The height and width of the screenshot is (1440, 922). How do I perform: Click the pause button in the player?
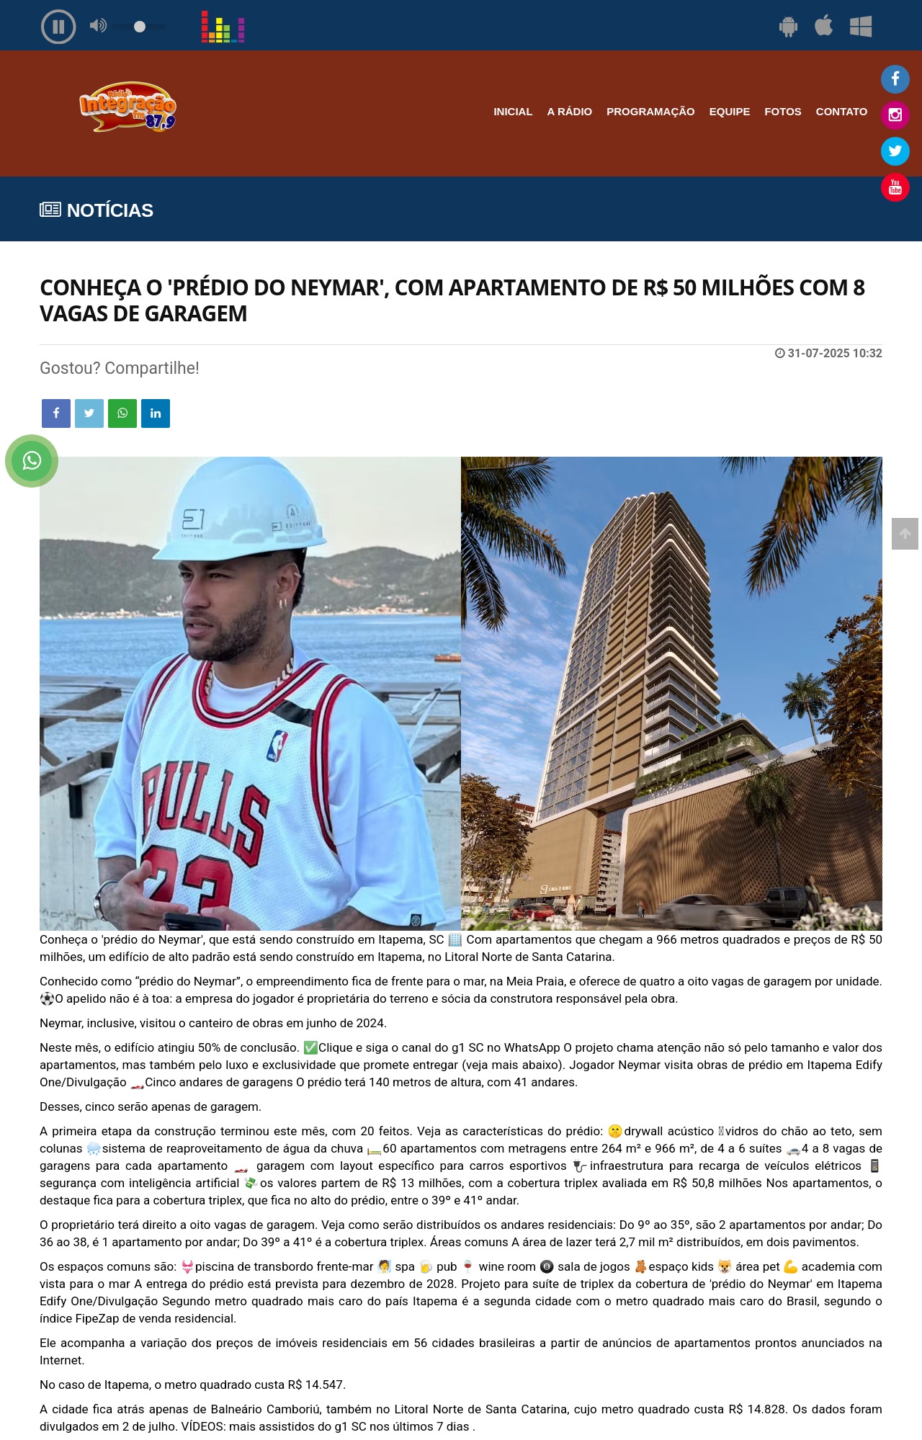[x=58, y=27]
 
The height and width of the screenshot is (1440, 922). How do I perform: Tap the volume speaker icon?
[x=98, y=26]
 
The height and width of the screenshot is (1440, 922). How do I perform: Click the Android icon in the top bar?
[x=788, y=27]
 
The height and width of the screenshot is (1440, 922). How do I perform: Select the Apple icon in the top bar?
[x=823, y=26]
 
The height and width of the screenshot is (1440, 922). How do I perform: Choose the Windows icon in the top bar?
[x=861, y=27]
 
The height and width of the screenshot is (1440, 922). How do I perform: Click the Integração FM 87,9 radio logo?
[x=127, y=107]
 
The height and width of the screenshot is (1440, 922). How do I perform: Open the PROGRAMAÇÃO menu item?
[x=650, y=112]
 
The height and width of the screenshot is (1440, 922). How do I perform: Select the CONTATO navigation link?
[x=841, y=112]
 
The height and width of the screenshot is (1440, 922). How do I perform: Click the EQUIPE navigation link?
[x=729, y=112]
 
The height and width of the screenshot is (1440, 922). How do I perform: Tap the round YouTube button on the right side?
[x=895, y=187]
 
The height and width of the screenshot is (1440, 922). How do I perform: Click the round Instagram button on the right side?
[x=895, y=115]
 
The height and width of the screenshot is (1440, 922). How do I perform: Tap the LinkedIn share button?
[x=156, y=413]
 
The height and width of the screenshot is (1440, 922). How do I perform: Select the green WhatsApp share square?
[x=122, y=413]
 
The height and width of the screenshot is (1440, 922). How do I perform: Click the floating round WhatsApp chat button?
[x=32, y=461]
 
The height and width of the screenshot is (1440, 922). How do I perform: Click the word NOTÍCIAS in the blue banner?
[x=109, y=210]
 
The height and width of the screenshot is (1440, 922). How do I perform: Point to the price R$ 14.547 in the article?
[x=316, y=1385]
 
